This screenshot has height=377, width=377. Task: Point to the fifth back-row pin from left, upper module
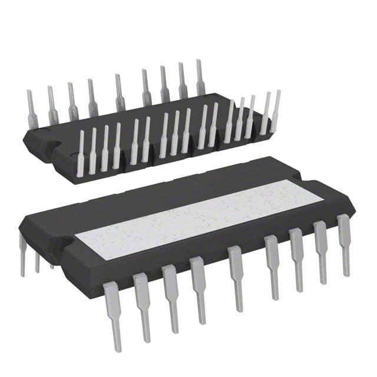coord(120,92)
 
